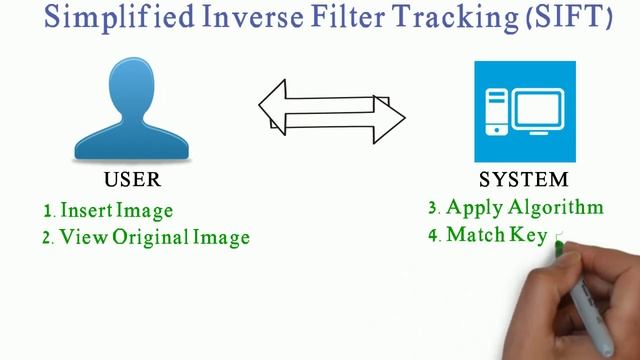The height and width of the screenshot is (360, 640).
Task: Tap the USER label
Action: coord(132,181)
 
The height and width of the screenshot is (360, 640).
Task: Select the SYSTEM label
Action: coord(524,181)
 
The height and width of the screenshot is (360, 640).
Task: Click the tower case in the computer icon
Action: coord(497,111)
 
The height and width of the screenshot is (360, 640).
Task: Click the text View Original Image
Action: coord(154,238)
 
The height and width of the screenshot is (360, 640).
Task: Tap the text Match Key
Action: coord(496,235)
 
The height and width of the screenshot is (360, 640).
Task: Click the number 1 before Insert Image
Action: coord(48,212)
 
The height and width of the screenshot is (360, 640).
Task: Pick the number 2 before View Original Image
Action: coord(48,239)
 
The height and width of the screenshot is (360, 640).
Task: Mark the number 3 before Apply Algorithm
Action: coord(434,209)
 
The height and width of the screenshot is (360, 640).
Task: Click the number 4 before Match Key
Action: coord(434,236)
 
